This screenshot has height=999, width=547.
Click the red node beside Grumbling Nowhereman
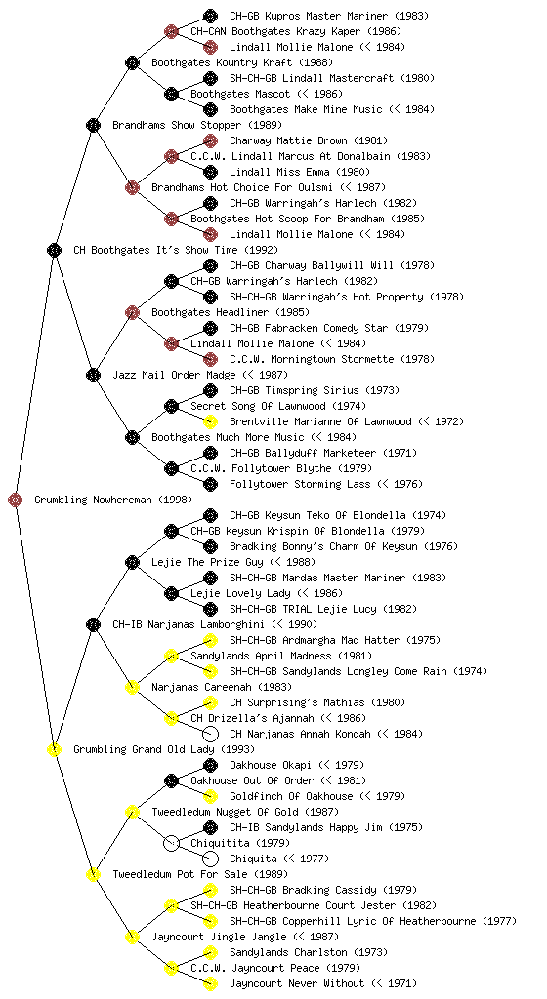16,499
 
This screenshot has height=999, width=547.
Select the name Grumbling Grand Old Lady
144,749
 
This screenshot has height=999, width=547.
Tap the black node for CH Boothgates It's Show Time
54,250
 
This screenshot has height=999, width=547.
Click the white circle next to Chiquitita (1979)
171,843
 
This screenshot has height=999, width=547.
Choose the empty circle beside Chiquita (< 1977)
210,859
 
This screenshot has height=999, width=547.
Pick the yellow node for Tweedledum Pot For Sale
93,874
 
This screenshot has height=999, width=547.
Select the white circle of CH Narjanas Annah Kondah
210,734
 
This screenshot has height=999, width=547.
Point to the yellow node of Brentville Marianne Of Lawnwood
210,421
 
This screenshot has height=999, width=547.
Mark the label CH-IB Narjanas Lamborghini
189,624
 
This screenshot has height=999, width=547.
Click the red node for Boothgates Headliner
132,312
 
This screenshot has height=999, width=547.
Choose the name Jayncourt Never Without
297,983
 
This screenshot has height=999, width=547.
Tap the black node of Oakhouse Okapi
210,765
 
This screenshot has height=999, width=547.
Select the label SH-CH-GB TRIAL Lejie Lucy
303,609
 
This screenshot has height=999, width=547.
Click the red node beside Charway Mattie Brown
210,140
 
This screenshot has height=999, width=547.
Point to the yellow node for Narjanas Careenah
132,687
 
